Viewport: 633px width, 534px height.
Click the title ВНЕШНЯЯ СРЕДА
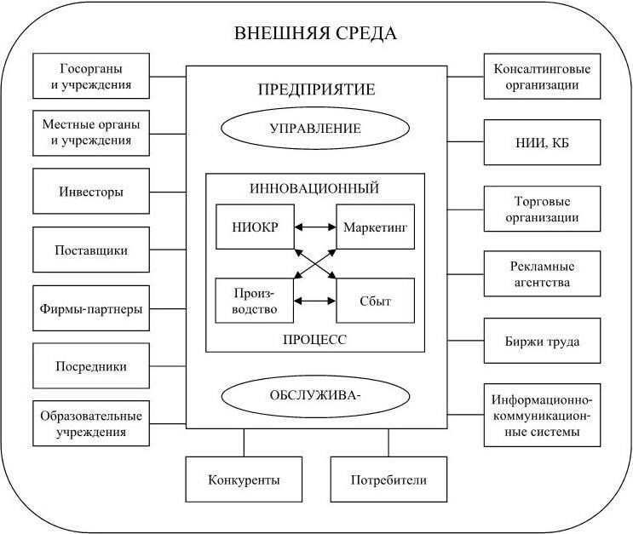point(315,35)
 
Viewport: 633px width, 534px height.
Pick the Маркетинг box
point(376,227)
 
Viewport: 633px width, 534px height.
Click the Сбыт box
point(376,301)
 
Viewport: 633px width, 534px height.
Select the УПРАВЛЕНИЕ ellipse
point(315,129)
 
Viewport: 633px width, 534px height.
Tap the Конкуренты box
point(244,479)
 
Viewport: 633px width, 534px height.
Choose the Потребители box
point(388,479)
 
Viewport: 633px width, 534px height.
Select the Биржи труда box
point(542,342)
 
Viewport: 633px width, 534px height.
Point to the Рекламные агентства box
point(542,274)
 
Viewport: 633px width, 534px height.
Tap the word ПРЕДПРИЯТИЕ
point(315,89)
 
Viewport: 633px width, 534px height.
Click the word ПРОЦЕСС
point(315,339)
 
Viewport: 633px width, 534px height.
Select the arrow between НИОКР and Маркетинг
point(315,227)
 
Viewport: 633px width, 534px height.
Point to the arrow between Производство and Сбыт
point(315,301)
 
